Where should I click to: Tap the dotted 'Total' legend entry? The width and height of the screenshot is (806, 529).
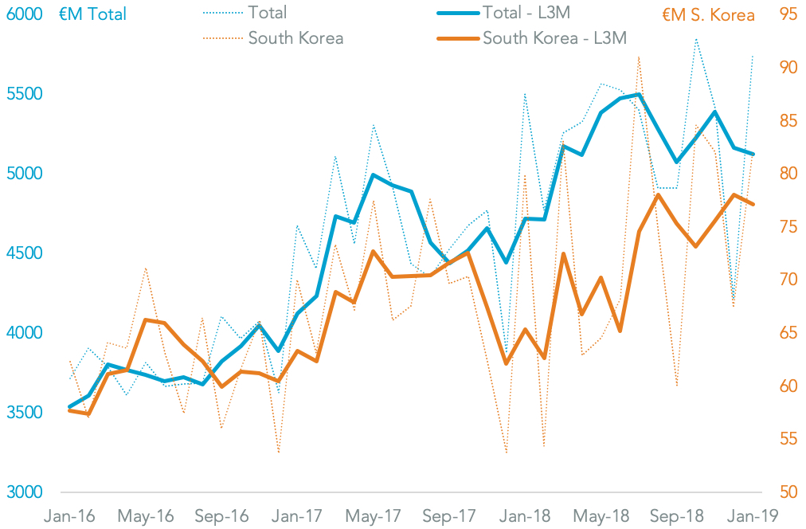pos(267,14)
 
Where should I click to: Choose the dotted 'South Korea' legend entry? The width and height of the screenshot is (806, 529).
pos(295,38)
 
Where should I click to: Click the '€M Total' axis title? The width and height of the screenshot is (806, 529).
pos(92,14)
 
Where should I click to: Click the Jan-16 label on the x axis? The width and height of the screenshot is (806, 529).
pos(71,516)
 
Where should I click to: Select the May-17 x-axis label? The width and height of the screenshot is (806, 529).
pos(374,516)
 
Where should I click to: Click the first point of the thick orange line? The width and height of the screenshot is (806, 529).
pos(70,410)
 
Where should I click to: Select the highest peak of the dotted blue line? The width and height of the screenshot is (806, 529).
pos(696,38)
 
